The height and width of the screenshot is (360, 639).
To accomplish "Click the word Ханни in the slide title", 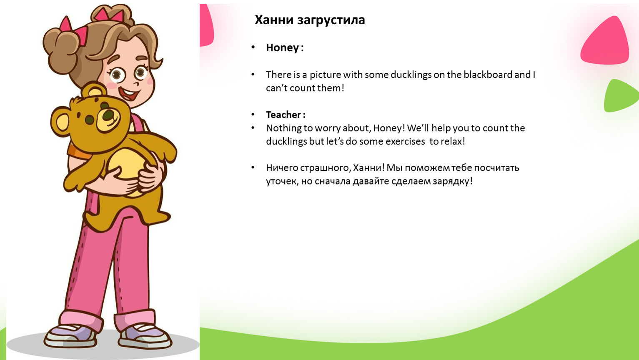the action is [274, 20].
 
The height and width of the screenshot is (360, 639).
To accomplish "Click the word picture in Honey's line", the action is [325, 75].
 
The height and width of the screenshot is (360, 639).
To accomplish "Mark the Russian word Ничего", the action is [282, 168].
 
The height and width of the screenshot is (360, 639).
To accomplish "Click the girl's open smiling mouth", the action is [130, 94].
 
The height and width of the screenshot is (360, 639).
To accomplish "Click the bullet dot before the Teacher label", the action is [253, 115].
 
